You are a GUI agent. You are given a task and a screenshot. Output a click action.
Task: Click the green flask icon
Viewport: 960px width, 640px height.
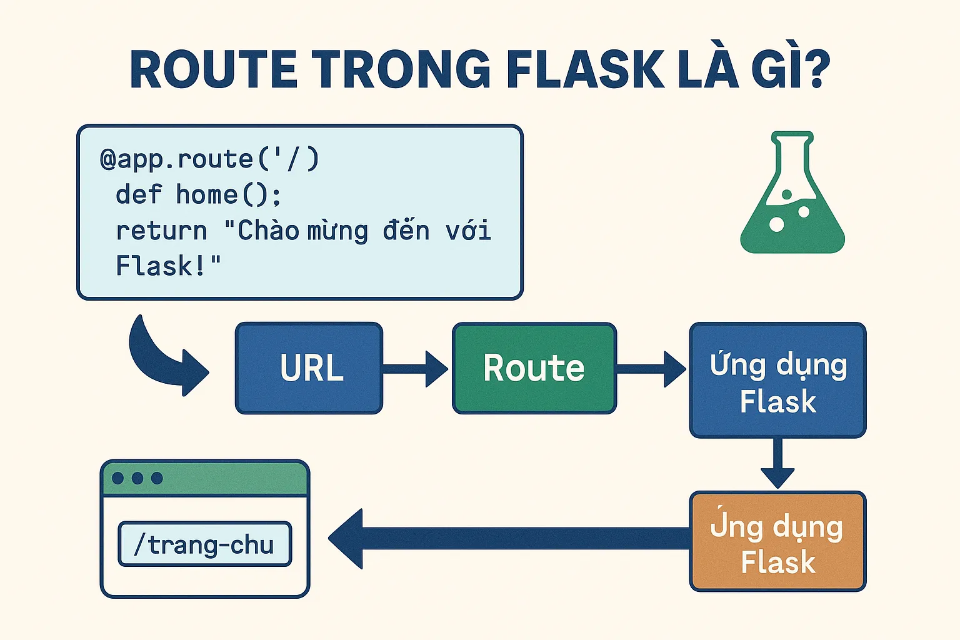click(792, 197)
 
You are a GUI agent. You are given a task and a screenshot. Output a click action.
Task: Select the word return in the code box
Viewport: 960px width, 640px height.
click(161, 231)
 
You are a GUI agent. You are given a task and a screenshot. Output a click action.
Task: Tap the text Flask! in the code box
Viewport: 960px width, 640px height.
click(168, 266)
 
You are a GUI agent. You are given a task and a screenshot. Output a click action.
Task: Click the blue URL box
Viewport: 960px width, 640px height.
click(309, 368)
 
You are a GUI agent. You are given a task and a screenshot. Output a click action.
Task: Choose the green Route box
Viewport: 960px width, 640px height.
click(534, 368)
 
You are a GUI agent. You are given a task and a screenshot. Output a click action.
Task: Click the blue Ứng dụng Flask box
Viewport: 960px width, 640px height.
click(777, 380)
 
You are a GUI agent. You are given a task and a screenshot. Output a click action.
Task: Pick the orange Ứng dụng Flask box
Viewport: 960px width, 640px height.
click(777, 541)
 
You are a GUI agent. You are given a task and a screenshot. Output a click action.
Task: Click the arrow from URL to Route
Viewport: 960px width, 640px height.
click(415, 369)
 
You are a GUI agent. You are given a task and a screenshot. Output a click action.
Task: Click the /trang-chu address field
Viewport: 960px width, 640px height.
click(205, 544)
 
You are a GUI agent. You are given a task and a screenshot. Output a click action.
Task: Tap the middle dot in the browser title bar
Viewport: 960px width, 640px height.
click(137, 478)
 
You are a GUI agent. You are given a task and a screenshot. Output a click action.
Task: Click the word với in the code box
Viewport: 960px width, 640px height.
click(468, 231)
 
